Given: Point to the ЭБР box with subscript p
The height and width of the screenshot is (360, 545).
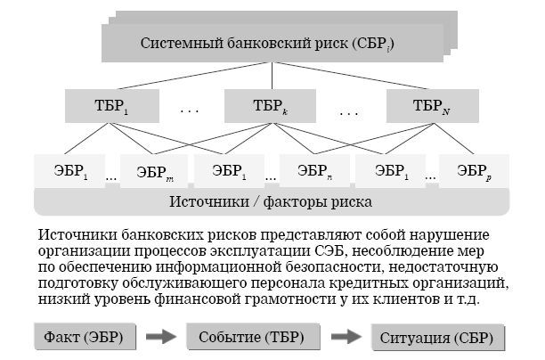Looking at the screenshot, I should pyautogui.click(x=473, y=170).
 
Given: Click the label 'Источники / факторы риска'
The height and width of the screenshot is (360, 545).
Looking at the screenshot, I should pyautogui.click(x=272, y=200).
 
